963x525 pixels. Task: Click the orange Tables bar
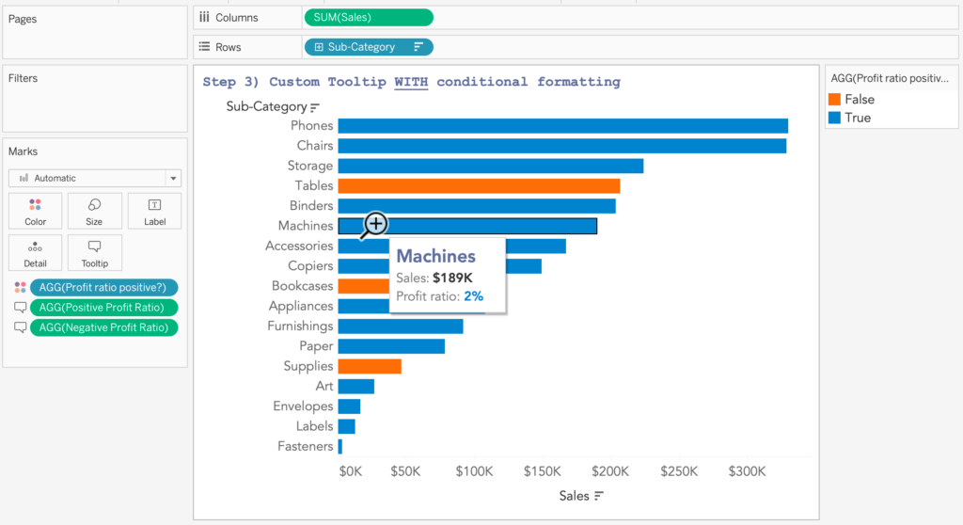[x=479, y=186]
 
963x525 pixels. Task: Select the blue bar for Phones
[x=562, y=126]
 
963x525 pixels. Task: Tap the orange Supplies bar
[x=370, y=366]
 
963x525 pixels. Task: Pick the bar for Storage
[x=490, y=166]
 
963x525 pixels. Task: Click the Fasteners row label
[x=305, y=446]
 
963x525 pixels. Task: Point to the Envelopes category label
[x=303, y=406]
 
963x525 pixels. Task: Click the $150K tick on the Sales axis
[x=542, y=470]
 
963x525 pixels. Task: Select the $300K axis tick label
[x=747, y=470]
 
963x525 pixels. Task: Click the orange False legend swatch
[x=834, y=100]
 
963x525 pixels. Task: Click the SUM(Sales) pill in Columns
[x=369, y=17]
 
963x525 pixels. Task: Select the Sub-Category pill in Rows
[x=369, y=47]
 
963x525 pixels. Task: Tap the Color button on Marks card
[x=35, y=212]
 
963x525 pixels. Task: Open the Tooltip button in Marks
[x=94, y=253]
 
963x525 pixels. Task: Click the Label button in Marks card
[x=154, y=212]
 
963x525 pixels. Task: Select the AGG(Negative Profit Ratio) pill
[x=103, y=327]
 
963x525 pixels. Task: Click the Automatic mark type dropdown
[x=95, y=178]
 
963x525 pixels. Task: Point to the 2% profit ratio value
[x=474, y=296]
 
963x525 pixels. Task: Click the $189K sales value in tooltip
[x=452, y=278]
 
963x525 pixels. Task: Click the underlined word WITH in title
[x=411, y=82]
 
